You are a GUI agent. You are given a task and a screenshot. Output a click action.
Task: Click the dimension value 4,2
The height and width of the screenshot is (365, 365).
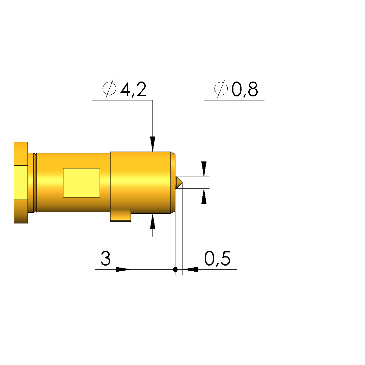click(134, 89)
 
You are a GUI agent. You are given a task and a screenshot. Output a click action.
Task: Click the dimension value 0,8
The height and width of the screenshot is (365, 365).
click(245, 89)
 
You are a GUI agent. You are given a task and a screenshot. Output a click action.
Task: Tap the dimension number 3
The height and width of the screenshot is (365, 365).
click(106, 258)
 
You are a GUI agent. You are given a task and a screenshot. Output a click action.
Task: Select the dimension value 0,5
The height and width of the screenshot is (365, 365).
click(217, 258)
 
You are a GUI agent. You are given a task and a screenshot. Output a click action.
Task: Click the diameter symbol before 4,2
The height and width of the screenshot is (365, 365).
click(109, 89)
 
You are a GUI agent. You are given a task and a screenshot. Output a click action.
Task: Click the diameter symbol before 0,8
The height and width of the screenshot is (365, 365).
click(221, 89)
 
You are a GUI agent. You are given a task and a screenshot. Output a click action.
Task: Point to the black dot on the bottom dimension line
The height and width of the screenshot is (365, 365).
click(175, 269)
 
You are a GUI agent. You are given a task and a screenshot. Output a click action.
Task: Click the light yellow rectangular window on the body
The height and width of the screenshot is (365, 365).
click(82, 183)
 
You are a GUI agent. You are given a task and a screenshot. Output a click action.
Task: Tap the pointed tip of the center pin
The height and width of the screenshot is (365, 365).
click(182, 183)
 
